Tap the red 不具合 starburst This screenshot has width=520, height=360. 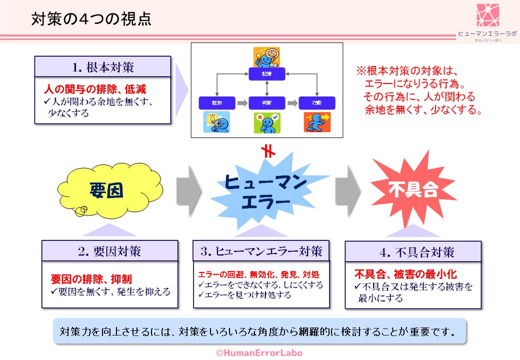(413, 190)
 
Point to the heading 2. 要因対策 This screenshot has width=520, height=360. (109, 251)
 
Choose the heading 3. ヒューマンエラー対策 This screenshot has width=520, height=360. (261, 251)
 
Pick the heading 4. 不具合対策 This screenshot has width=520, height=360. (413, 252)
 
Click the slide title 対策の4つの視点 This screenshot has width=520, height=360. (91, 19)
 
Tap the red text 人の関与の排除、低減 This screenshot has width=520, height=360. (94, 89)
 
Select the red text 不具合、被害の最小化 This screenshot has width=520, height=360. (405, 274)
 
